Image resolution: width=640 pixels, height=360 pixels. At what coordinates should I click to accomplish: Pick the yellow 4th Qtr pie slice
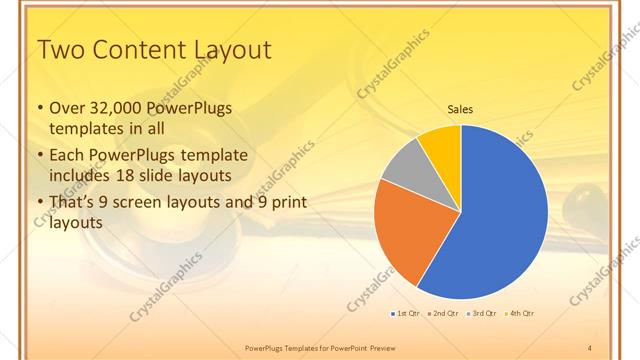441,146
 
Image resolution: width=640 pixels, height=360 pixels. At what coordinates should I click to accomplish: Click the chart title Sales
460,109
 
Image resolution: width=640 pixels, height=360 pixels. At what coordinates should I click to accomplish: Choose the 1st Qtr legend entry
404,314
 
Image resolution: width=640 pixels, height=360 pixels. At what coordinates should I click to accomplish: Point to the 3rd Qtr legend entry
481,314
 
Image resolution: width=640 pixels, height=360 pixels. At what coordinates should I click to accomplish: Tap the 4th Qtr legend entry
519,314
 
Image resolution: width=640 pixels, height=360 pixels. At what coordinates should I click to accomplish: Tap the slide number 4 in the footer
590,346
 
